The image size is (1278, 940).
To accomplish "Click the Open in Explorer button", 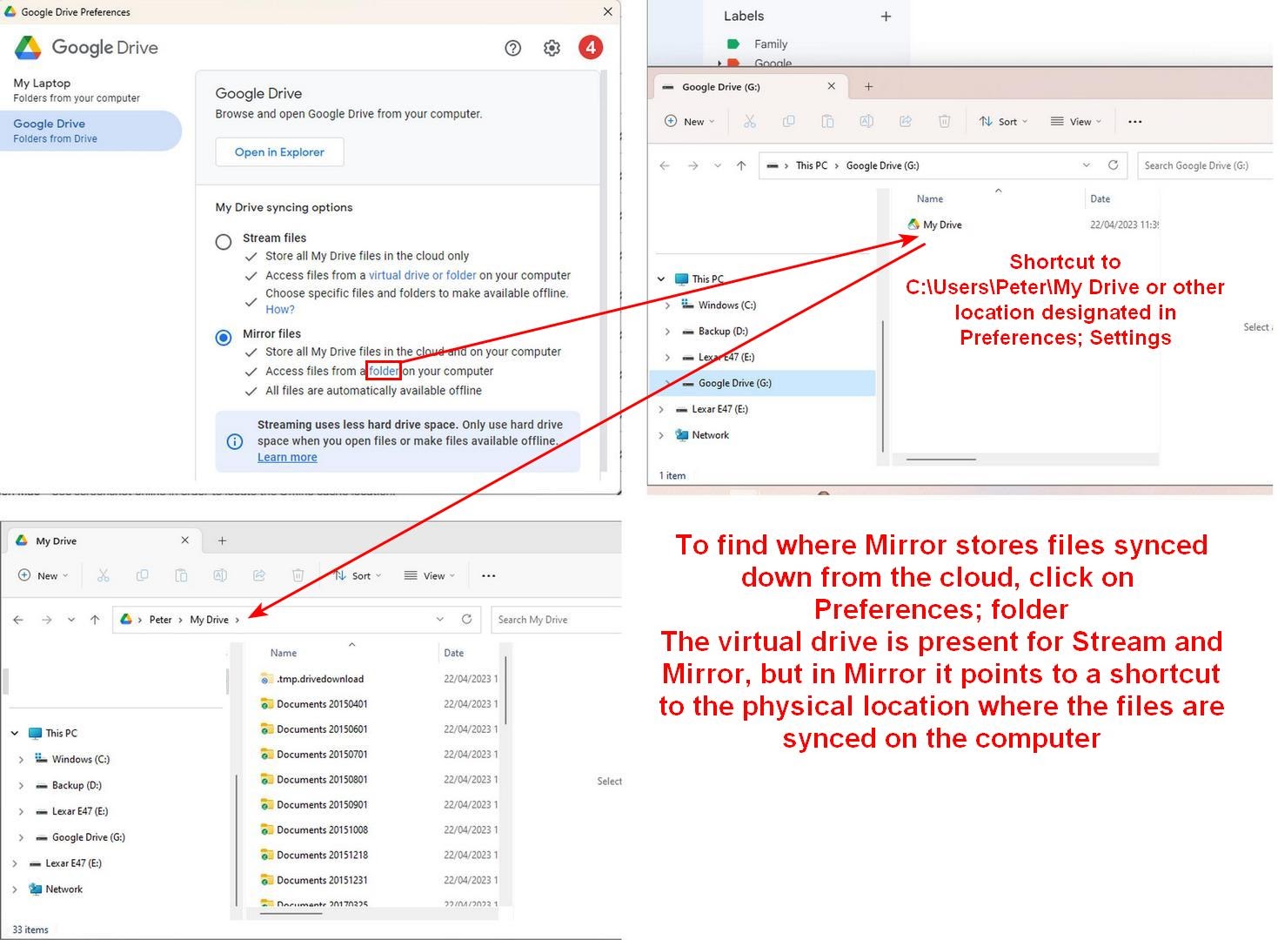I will coord(279,152).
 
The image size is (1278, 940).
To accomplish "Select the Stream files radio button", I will coord(224,242).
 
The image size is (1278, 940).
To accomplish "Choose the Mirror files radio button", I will coord(224,338).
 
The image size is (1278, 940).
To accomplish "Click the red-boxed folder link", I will coord(384,371).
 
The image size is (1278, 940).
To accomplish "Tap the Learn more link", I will coord(287,458).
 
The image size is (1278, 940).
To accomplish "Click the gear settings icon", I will coord(552,48).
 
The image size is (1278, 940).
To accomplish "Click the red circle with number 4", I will coord(591,48).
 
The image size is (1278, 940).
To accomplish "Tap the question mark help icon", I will coord(513,48).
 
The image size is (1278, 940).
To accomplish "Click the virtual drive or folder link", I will coord(423,275).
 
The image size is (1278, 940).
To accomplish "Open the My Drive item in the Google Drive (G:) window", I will coord(942,225).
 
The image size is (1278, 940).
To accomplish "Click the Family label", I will coord(770,44).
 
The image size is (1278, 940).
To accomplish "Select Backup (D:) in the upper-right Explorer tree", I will coord(722,332).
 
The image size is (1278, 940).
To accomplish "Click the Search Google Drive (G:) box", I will coord(1205,165).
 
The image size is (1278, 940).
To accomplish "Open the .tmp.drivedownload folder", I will coord(319,679).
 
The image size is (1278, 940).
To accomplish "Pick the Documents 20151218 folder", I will coord(322,855).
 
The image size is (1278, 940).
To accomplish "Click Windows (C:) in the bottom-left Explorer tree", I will coord(80,759).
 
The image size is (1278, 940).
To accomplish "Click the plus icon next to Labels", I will coord(886,17).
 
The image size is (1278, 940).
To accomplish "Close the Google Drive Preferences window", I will coord(607,11).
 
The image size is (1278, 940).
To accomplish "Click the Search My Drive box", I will coord(555,620).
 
